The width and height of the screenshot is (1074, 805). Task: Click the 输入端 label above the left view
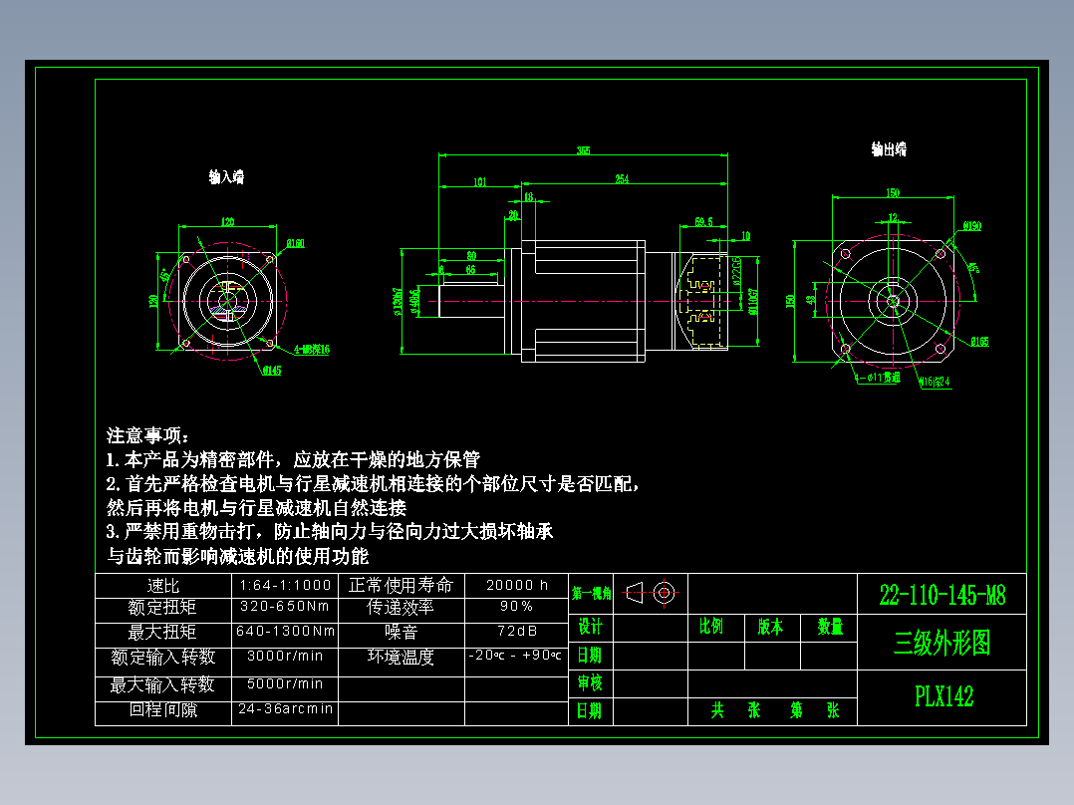(226, 177)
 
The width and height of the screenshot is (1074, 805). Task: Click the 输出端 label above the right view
(889, 149)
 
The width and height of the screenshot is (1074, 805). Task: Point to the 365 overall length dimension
(583, 151)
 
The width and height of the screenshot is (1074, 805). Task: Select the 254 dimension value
(622, 179)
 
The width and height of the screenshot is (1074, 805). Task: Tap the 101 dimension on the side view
(480, 181)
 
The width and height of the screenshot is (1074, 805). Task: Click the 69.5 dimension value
(703, 221)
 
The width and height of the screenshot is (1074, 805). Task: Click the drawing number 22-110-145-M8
(942, 596)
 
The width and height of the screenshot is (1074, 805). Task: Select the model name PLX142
(943, 696)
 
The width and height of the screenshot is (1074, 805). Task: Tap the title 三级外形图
(942, 643)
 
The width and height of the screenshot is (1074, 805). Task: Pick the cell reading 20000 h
(517, 586)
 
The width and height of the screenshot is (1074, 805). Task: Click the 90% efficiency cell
(516, 607)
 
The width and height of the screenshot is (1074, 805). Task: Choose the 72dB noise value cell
(516, 632)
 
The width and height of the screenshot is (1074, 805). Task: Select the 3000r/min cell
(285, 657)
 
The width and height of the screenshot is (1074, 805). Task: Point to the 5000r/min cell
(285, 684)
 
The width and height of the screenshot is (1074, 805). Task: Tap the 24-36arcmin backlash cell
(285, 710)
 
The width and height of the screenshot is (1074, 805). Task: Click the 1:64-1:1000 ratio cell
(285, 586)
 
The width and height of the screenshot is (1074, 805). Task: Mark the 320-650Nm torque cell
(285, 607)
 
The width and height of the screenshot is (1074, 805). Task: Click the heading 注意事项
(147, 436)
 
